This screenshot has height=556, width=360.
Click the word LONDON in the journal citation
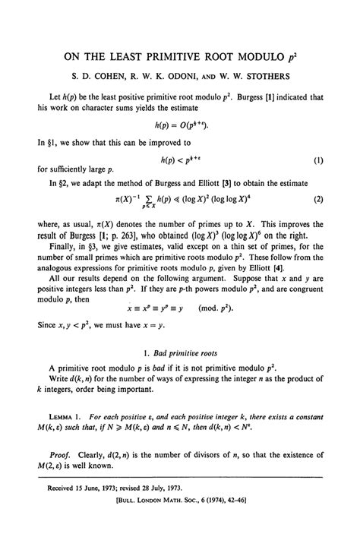pyautogui.click(x=161, y=523)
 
